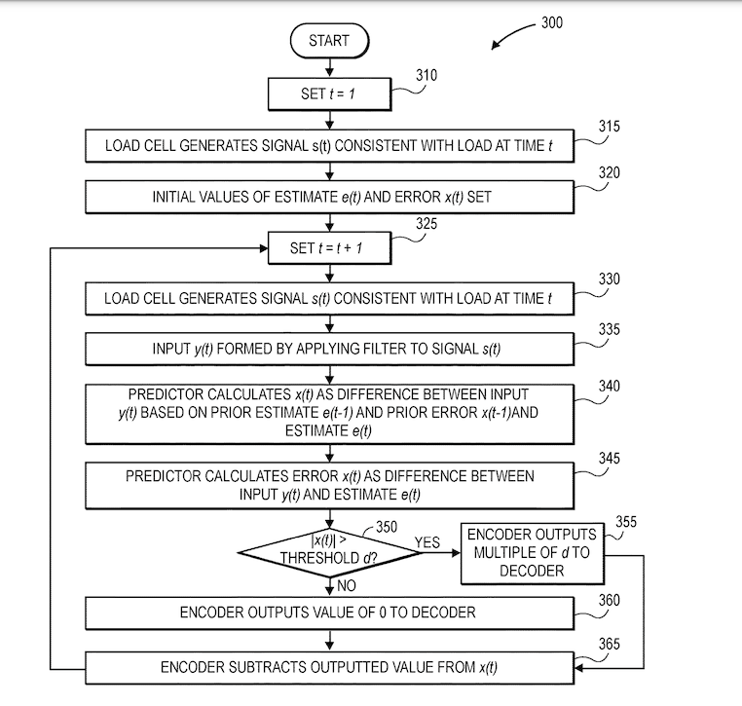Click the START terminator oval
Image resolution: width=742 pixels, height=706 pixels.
click(331, 41)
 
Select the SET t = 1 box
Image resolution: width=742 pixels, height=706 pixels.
click(330, 93)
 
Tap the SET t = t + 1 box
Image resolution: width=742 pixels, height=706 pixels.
click(330, 248)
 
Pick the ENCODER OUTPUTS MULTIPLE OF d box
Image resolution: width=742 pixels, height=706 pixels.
click(531, 552)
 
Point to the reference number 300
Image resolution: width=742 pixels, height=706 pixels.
click(552, 22)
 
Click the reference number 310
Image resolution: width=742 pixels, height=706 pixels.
click(427, 75)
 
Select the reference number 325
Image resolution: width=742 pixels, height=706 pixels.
click(427, 224)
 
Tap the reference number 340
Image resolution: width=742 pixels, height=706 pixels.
click(610, 387)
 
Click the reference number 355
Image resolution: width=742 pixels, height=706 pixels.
click(625, 523)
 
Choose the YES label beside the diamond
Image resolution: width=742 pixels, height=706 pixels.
click(428, 540)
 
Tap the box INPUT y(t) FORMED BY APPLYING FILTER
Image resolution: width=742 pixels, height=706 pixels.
click(330, 348)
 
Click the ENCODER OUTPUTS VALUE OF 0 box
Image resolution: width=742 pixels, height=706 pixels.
click(330, 613)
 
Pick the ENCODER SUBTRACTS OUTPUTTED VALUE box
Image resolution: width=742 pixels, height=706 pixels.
click(330, 667)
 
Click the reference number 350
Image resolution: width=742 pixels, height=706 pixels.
click(387, 527)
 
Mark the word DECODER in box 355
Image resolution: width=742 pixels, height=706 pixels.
click(531, 570)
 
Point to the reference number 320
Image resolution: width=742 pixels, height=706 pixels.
click(610, 172)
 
